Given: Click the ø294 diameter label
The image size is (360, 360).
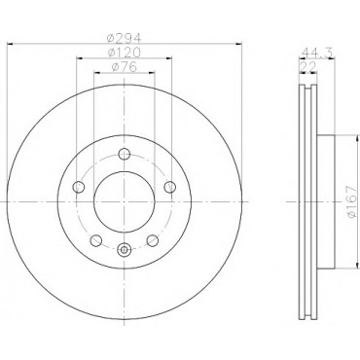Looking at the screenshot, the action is (x=125, y=39).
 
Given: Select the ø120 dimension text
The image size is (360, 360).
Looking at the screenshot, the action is (x=125, y=53).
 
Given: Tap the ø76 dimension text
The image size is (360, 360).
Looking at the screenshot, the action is (x=125, y=67).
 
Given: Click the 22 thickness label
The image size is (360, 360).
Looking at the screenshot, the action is (x=308, y=67).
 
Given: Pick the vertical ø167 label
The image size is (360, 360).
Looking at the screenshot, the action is (x=352, y=202).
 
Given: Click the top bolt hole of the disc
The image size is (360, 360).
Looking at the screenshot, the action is (x=125, y=154).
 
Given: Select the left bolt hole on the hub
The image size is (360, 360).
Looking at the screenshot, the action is (x=79, y=187).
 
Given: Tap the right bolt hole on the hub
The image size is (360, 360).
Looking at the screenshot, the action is (x=170, y=187).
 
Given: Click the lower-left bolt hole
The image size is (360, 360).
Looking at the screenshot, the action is (x=96, y=240).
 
